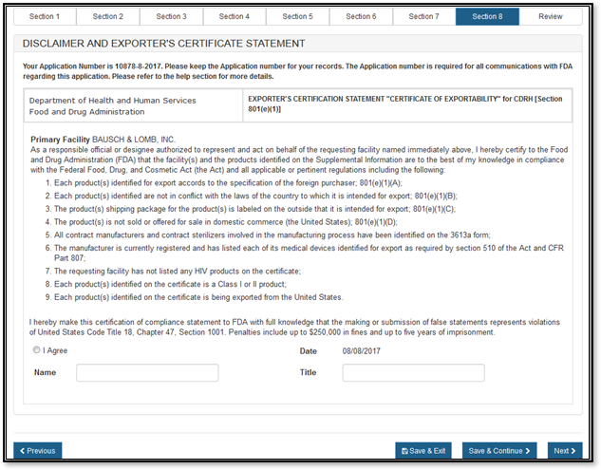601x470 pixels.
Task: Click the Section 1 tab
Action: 45,16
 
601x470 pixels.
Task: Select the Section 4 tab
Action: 234,16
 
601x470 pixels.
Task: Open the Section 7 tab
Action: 423,16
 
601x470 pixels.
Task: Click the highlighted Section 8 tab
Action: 486,16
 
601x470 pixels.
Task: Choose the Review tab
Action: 550,16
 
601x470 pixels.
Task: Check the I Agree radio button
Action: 37,350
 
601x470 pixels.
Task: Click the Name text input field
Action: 147,373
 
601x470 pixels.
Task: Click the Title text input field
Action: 413,373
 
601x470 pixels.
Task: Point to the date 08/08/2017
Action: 361,350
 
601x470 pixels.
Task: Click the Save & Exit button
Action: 423,451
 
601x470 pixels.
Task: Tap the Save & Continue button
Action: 498,451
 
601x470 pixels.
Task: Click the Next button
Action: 564,451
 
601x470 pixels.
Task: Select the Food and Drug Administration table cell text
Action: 84,111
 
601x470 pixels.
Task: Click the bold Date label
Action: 308,350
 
